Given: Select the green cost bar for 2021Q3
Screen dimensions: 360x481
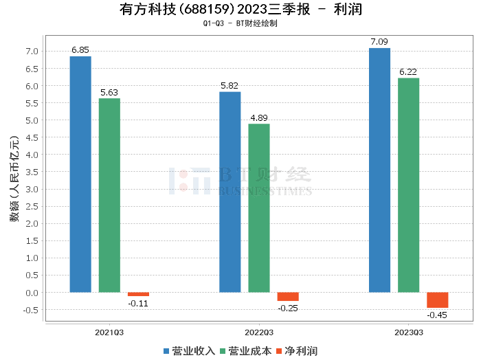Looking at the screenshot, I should click(x=109, y=195).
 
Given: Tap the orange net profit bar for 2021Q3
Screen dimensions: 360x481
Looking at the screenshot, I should click(x=138, y=294).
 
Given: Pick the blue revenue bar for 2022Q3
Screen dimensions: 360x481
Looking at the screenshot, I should click(x=230, y=192).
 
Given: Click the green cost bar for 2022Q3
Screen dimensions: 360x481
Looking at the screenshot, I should click(x=259, y=207).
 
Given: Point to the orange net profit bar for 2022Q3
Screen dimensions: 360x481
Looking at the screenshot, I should click(x=288, y=296).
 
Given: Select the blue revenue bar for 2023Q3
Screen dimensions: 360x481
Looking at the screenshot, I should click(x=379, y=170).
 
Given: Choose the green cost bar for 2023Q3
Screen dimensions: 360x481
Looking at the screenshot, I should click(x=408, y=185).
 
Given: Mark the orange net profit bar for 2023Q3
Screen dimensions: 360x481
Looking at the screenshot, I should click(x=437, y=300).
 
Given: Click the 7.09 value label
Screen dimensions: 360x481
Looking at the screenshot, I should click(x=379, y=42).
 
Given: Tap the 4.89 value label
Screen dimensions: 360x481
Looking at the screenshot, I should click(x=259, y=117).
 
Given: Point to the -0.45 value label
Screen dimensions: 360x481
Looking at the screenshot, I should click(x=437, y=315).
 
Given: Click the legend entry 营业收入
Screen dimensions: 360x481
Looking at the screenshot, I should click(x=190, y=350).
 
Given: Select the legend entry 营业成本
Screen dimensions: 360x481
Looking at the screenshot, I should click(x=245, y=350).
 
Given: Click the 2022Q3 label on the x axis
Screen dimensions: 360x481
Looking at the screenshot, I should click(x=259, y=332).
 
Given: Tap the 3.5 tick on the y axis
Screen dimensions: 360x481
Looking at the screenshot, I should click(x=32, y=172).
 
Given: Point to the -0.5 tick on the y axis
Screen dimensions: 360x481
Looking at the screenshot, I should click(x=30, y=310).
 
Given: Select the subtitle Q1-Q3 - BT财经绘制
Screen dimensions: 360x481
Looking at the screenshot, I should click(x=240, y=23).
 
